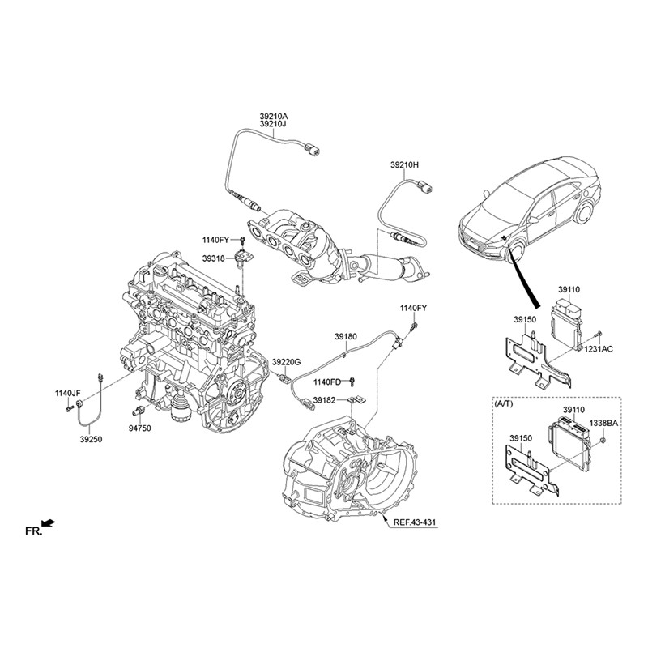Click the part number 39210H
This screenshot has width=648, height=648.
click(x=405, y=164)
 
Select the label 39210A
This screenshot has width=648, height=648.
click(x=273, y=117)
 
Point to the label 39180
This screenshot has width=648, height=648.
click(x=346, y=335)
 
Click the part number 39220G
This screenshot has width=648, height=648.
click(x=286, y=361)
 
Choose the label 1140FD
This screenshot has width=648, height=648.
click(x=328, y=382)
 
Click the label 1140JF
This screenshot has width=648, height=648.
click(x=69, y=394)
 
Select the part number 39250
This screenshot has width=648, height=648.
click(x=91, y=438)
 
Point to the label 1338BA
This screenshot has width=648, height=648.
click(x=603, y=423)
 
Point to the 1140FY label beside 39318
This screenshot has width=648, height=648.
click(x=217, y=240)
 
